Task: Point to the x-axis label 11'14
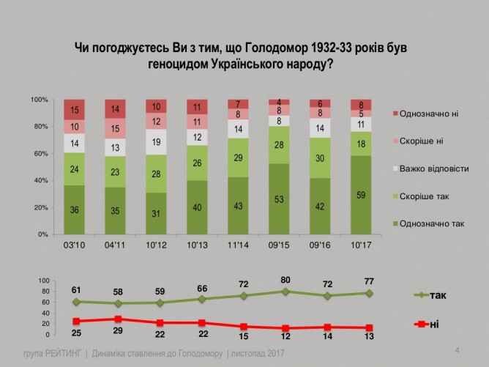point(238,245)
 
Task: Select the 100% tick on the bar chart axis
point(39,100)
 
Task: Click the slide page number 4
point(457,349)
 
